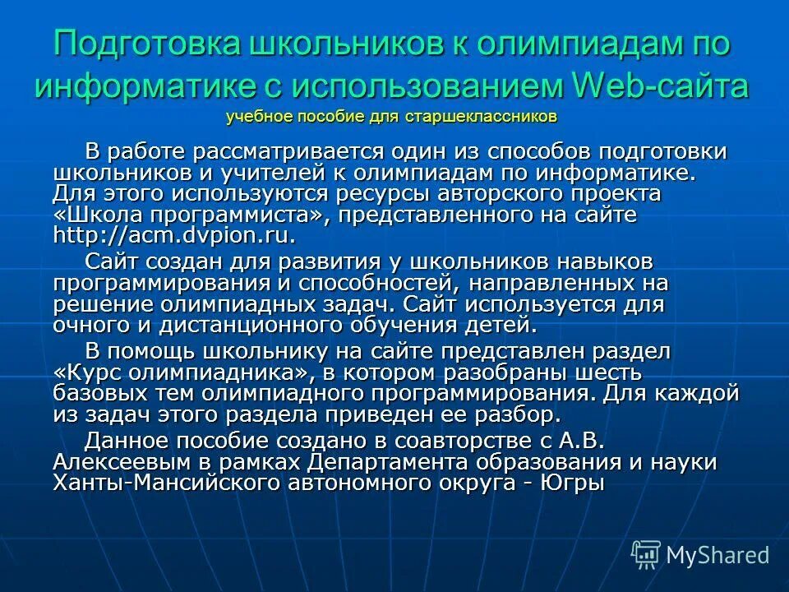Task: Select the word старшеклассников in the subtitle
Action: tap(481, 116)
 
